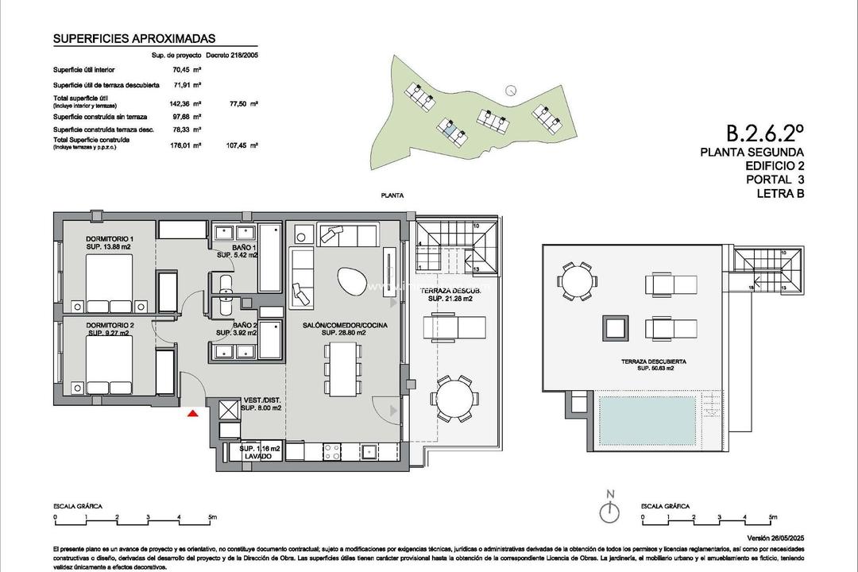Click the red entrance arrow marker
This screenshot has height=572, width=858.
191,412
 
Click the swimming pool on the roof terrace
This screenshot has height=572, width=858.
647,413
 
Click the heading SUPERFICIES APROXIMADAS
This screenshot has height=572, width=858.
133,38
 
